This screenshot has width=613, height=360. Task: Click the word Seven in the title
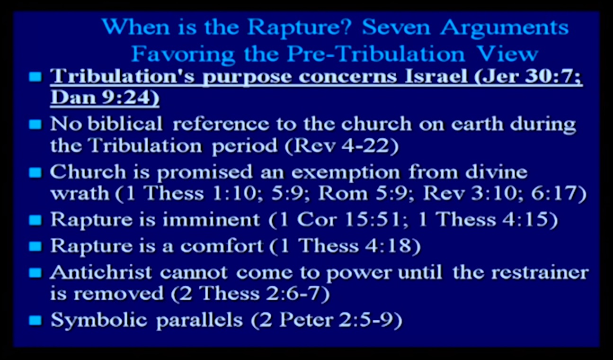point(396,27)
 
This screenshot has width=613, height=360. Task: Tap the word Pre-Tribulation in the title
point(376,54)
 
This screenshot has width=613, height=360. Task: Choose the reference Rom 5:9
point(366,193)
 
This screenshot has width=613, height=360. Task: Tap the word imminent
point(211,220)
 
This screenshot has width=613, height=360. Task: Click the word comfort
point(222,245)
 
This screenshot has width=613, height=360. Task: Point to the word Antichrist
point(101,273)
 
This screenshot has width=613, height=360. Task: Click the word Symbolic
point(99,320)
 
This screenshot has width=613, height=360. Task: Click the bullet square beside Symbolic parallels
point(36,320)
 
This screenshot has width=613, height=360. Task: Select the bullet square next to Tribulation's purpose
point(36,77)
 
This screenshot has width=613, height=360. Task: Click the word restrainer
point(540,273)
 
